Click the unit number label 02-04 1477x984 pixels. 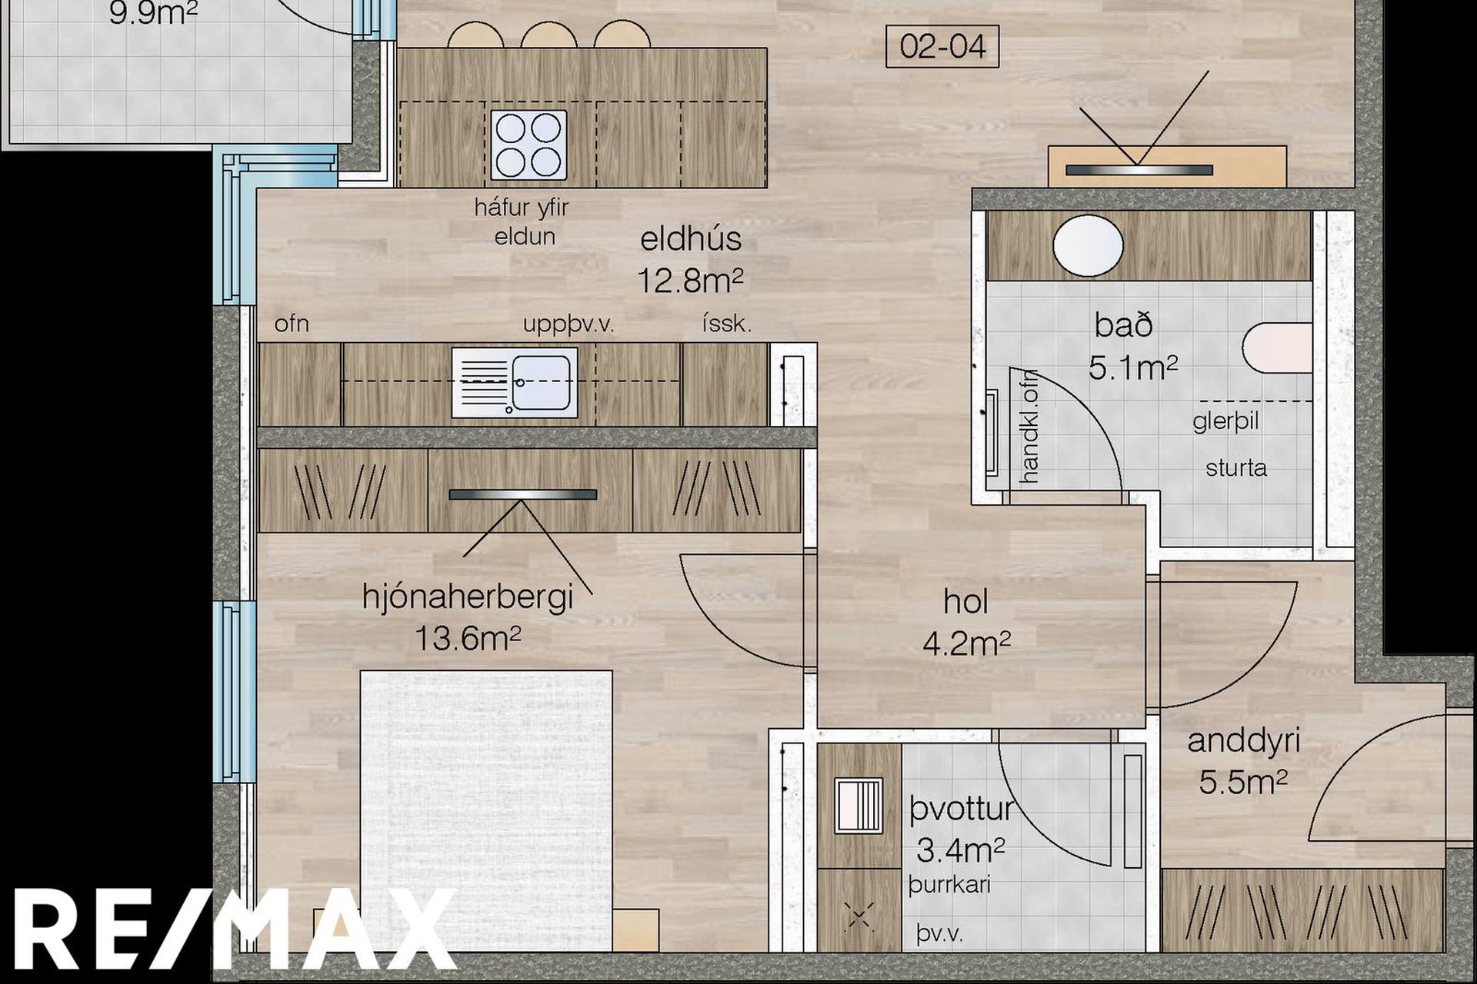pyautogui.click(x=942, y=47)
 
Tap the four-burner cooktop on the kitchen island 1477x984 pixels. pyautogui.click(x=528, y=145)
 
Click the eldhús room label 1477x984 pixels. pyautogui.click(x=691, y=239)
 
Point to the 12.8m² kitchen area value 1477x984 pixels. pyautogui.click(x=690, y=281)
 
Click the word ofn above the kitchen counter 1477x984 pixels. pyautogui.click(x=292, y=324)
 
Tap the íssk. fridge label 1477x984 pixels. pyautogui.click(x=727, y=324)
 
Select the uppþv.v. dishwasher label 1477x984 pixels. pyautogui.click(x=568, y=324)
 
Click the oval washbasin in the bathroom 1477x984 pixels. pyautogui.click(x=1088, y=245)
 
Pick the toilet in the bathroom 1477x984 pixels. pyautogui.click(x=1277, y=348)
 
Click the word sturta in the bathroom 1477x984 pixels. pyautogui.click(x=1236, y=467)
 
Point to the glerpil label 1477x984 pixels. pyautogui.click(x=1225, y=422)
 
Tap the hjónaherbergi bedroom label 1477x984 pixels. pyautogui.click(x=468, y=597)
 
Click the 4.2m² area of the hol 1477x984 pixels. pyautogui.click(x=966, y=643)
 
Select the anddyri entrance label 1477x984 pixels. pyautogui.click(x=1244, y=741)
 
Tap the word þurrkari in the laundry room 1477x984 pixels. pyautogui.click(x=949, y=885)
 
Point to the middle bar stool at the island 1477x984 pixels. pyautogui.click(x=548, y=35)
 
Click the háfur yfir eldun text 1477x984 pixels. pyautogui.click(x=523, y=221)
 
